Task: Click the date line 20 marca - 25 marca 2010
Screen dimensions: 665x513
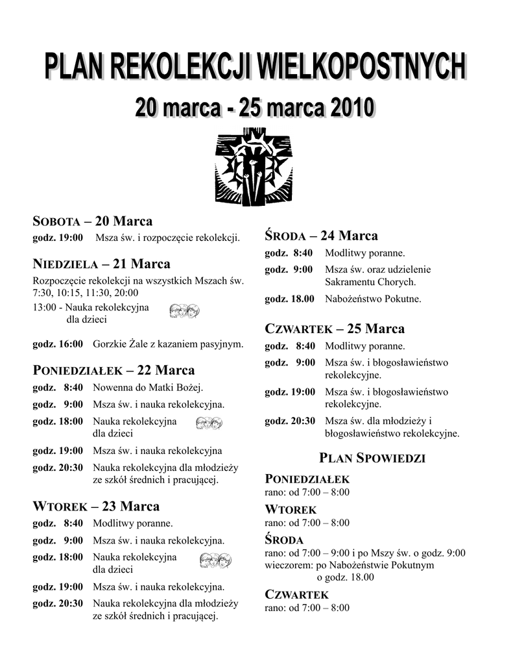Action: pos(256,107)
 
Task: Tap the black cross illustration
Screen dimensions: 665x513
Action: pos(254,166)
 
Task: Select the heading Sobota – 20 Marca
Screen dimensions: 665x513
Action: pos(93,221)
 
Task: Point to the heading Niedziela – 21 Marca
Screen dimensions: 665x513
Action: pos(101,264)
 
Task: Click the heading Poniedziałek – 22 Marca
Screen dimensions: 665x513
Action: pos(113,371)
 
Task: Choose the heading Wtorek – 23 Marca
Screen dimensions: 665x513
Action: pos(96,507)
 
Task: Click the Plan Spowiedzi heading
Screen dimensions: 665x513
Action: pos(372,458)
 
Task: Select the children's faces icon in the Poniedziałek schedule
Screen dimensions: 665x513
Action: pos(209,424)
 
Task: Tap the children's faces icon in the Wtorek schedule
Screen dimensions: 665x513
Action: pos(215,560)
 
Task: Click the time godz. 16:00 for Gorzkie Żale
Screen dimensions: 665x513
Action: pos(58,344)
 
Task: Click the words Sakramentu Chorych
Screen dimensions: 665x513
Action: pos(370,282)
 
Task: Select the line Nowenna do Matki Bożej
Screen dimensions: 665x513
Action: pos(148,388)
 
